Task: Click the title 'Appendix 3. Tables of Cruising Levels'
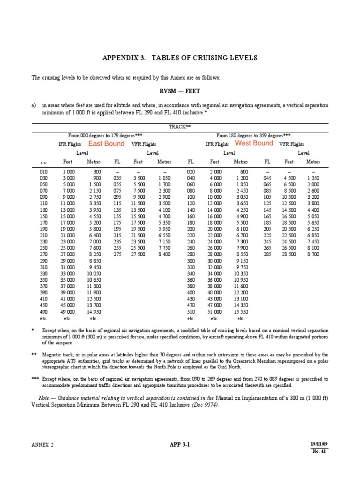coord(180,58)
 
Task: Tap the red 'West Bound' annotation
coord(254,143)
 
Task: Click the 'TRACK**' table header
coord(180,127)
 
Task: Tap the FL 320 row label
coord(191,267)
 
